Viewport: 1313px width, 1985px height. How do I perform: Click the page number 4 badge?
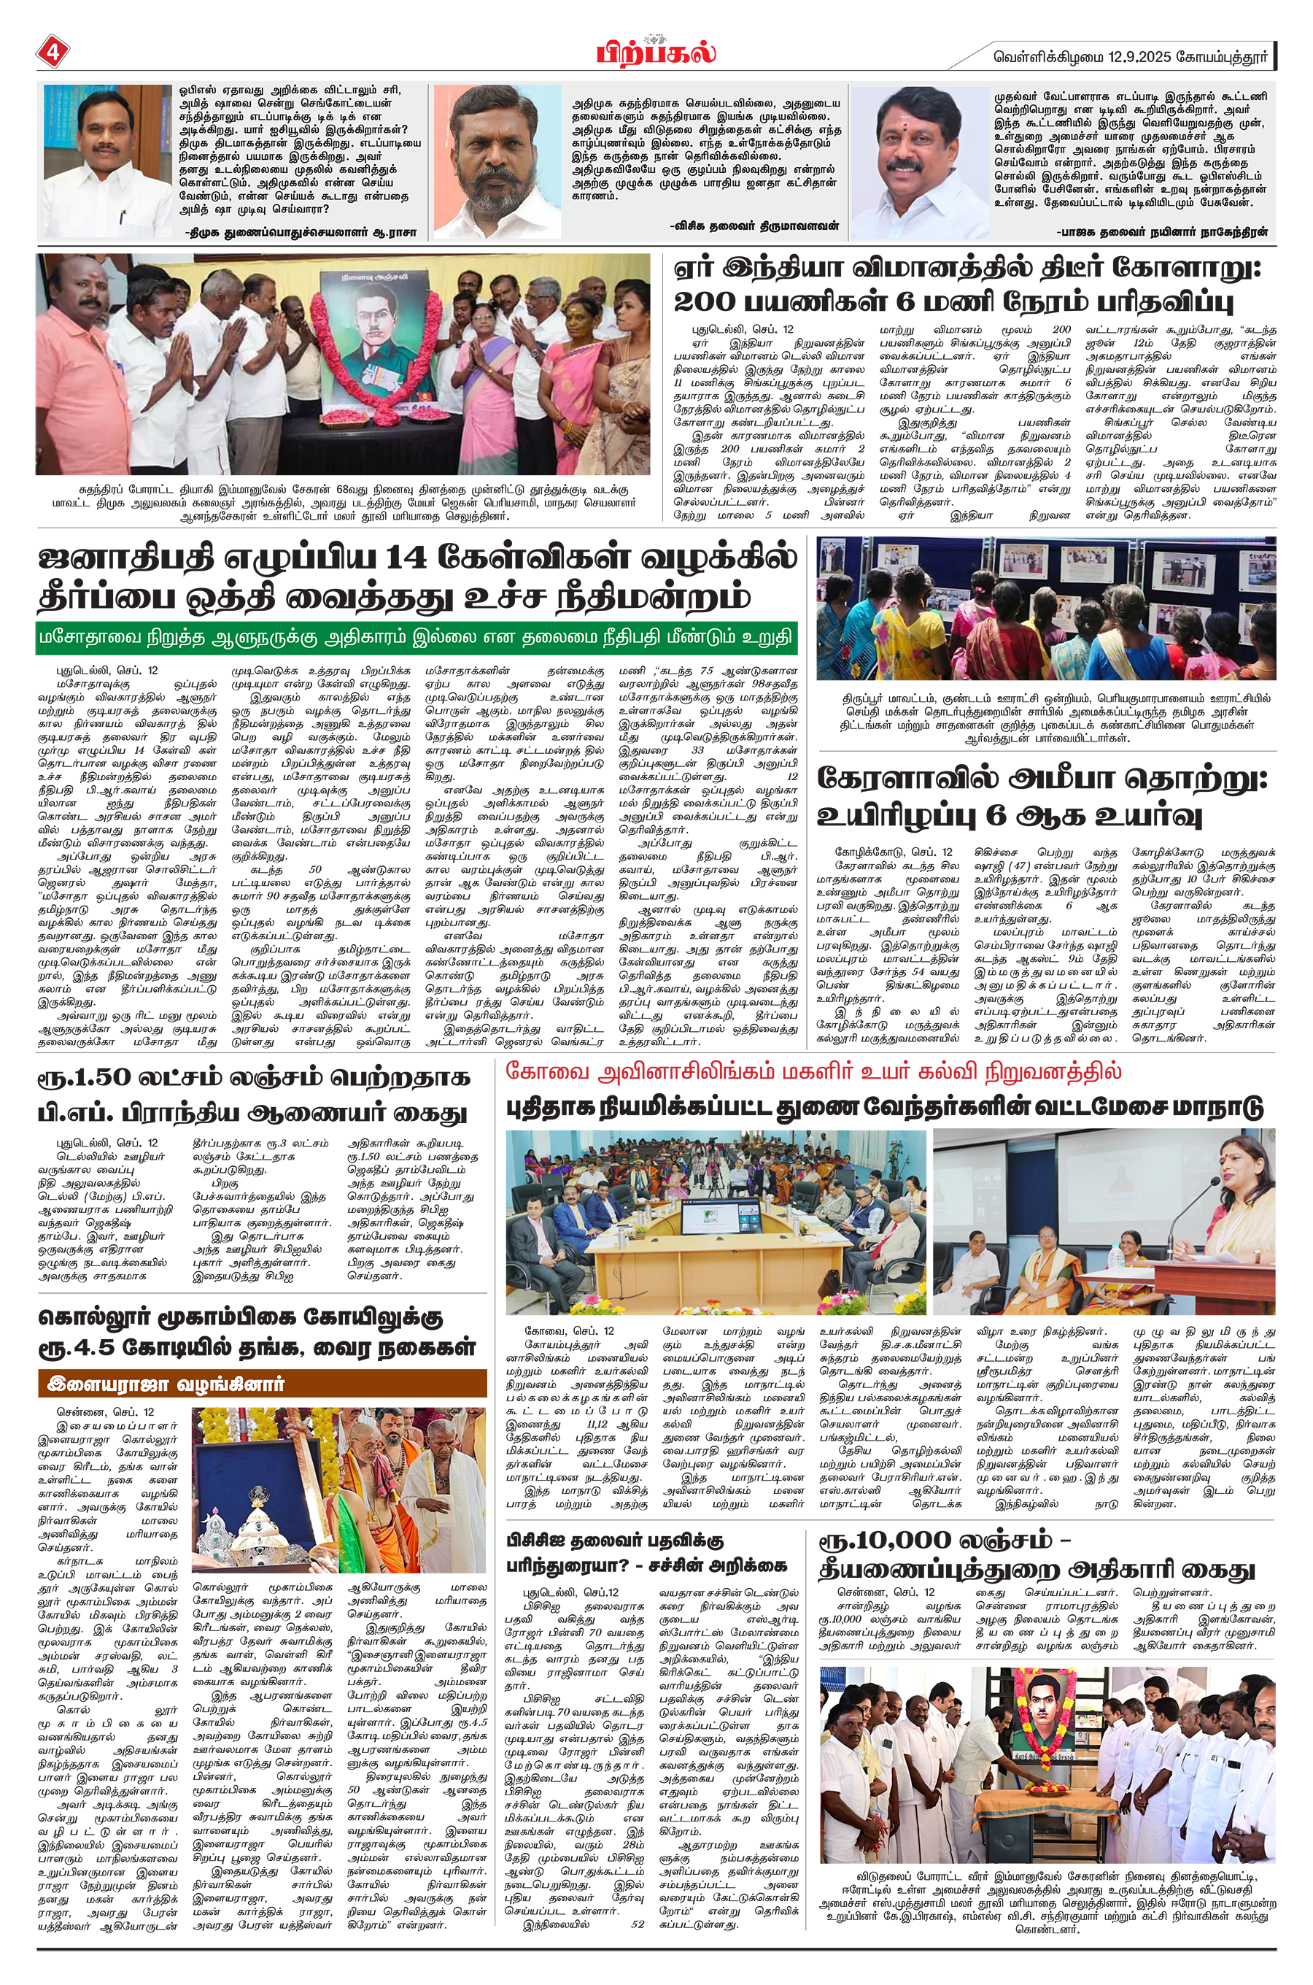pos(53,52)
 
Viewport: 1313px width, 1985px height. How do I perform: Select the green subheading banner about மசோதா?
pos(417,636)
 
